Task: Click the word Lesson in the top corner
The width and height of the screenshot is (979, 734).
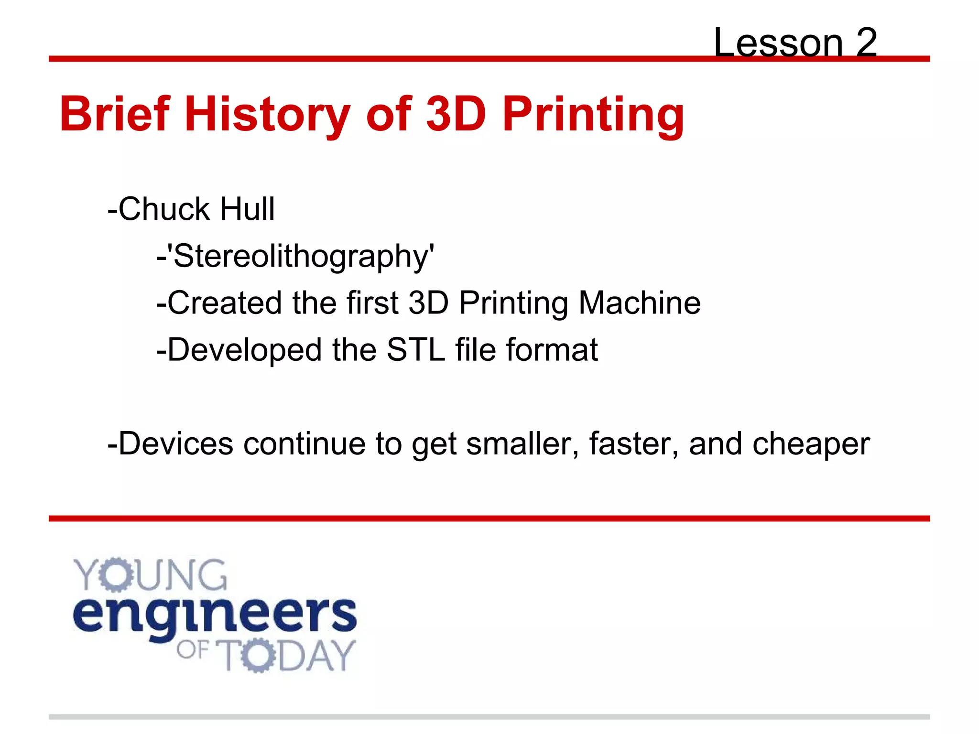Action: [778, 43]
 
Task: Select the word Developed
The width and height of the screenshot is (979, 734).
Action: [244, 349]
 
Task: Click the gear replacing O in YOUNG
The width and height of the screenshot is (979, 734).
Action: [116, 575]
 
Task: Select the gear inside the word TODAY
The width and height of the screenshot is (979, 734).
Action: [258, 655]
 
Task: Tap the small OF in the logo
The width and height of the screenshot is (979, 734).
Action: [193, 650]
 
